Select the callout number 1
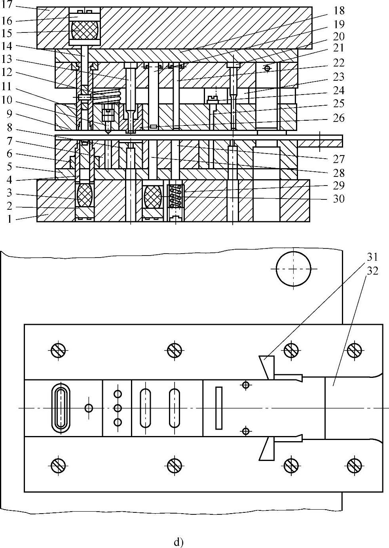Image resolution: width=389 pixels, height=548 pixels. tap(9, 218)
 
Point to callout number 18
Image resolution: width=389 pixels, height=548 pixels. tap(339, 11)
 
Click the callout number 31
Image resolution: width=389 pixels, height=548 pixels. tap(372, 257)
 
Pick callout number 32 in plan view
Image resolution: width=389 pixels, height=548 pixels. tap(372, 271)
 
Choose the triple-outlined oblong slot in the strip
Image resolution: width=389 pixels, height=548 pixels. tap(61, 408)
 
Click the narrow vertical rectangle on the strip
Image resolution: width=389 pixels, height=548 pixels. tap(219, 408)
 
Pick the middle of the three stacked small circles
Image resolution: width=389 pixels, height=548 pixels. tap(118, 408)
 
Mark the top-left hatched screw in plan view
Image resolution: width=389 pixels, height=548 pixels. tap(59, 349)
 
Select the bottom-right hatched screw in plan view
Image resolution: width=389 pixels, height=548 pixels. tap(354, 465)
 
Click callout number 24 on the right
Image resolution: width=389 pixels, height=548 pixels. tap(339, 90)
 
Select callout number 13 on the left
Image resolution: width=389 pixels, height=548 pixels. tap(9, 59)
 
